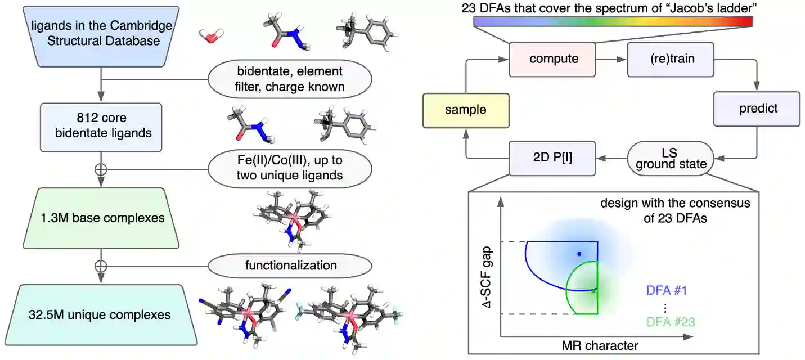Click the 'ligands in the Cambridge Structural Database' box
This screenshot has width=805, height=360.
pyautogui.click(x=101, y=34)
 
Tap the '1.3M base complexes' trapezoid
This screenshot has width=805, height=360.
pyautogui.click(x=101, y=218)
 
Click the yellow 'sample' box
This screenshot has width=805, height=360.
pyautogui.click(x=465, y=109)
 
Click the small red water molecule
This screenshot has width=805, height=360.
pyautogui.click(x=211, y=36)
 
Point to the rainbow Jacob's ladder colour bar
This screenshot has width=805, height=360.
pyautogui.click(x=613, y=22)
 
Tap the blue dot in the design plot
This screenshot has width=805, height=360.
pyautogui.click(x=579, y=254)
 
